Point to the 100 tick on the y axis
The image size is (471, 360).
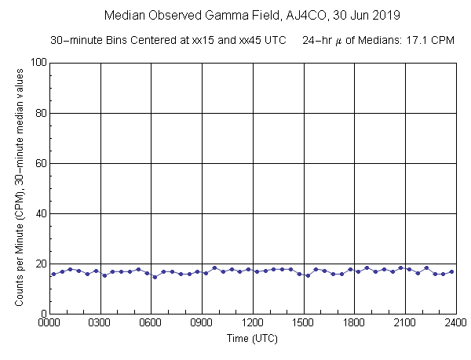36,63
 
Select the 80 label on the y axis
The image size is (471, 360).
38,113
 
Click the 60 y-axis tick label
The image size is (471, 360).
38,163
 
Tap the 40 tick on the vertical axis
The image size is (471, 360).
38,213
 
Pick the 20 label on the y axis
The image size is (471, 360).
38,264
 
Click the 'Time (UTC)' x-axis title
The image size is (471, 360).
252,338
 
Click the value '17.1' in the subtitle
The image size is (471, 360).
421,39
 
